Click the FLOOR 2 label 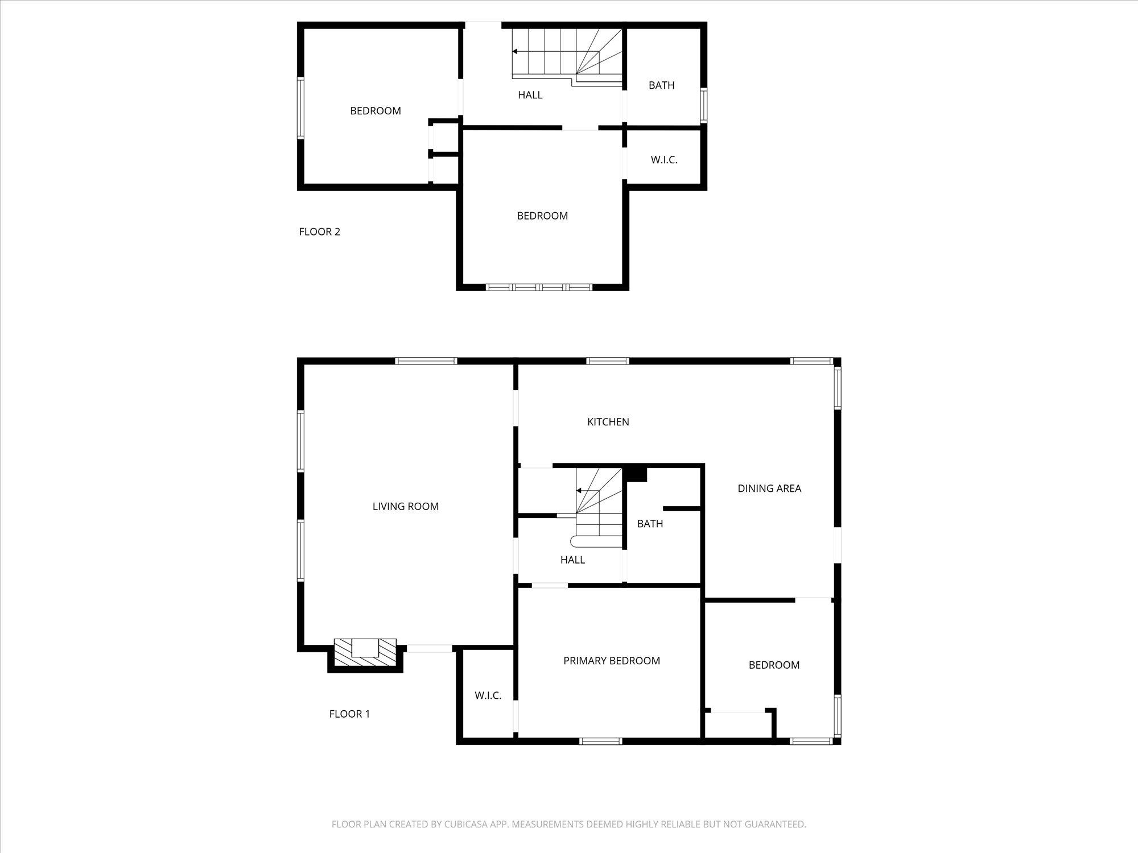319,231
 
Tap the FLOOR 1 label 349,714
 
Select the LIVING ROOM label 406,506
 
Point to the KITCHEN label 608,421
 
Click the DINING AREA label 769,488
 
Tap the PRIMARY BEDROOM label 612,660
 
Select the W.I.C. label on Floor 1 488,695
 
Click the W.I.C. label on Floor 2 664,160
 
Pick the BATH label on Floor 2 662,85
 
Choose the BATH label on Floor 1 650,524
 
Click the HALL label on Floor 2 530,95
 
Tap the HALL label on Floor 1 572,560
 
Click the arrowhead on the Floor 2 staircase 515,51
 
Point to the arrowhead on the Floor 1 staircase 579,490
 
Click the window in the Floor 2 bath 704,105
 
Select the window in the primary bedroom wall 601,741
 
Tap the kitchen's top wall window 608,361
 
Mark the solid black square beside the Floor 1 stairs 636,473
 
